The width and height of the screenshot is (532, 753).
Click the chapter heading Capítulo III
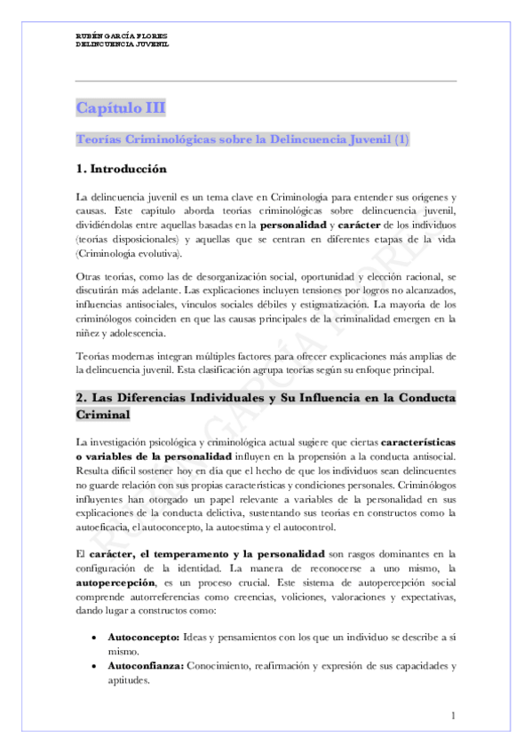pos(121,108)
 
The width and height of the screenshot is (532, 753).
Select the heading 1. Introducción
pos(121,168)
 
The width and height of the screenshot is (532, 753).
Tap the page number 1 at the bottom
pos(453,716)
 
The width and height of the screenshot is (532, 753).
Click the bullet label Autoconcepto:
pos(143,638)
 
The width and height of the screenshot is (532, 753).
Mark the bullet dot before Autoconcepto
pos(95,638)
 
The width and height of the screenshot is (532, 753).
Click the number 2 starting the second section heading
pos(80,399)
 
